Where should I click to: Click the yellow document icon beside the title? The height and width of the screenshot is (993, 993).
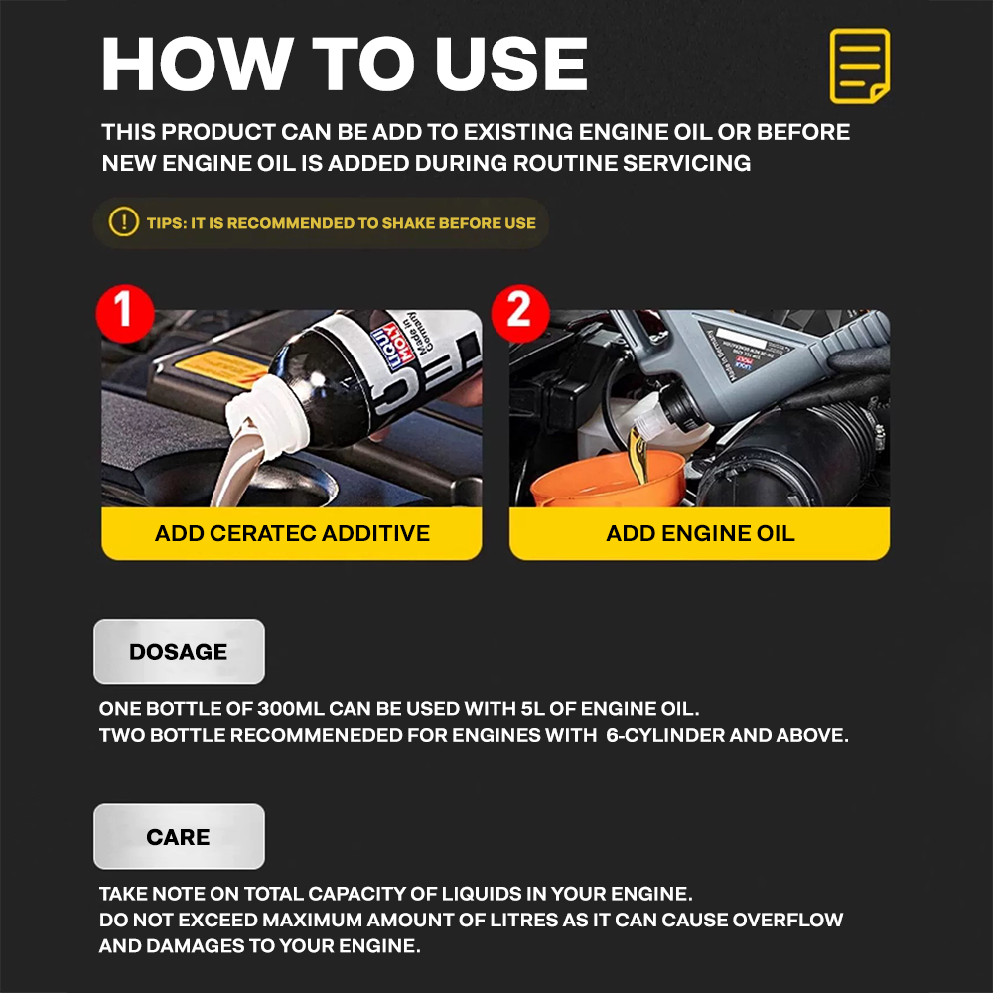click(859, 67)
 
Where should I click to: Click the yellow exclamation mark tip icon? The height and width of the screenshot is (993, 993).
click(123, 222)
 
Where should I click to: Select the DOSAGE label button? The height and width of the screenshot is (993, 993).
click(179, 652)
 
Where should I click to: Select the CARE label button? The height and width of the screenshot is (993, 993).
click(179, 837)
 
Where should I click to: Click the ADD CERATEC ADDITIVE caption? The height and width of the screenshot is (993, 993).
click(292, 534)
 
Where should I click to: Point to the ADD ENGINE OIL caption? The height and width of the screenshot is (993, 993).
click(700, 534)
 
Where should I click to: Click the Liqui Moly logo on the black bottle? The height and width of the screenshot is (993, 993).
click(386, 337)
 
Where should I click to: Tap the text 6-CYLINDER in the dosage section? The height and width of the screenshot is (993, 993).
click(662, 737)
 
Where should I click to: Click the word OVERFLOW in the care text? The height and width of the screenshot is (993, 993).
click(787, 920)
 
